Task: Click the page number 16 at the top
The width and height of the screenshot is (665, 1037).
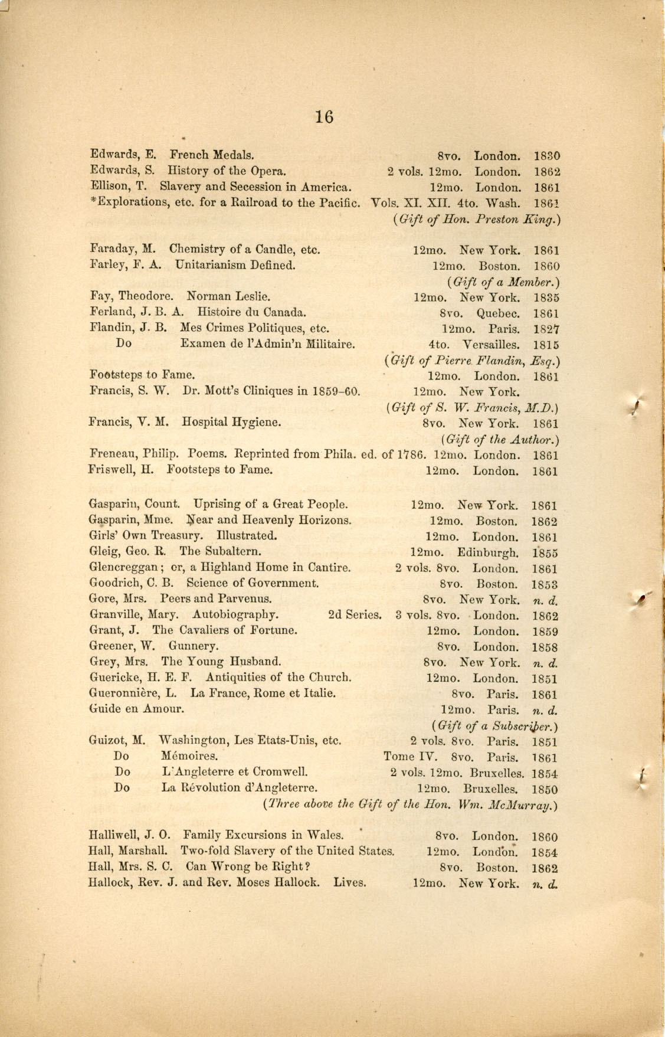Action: coord(324,117)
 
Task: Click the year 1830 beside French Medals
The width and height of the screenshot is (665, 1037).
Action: coord(546,156)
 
